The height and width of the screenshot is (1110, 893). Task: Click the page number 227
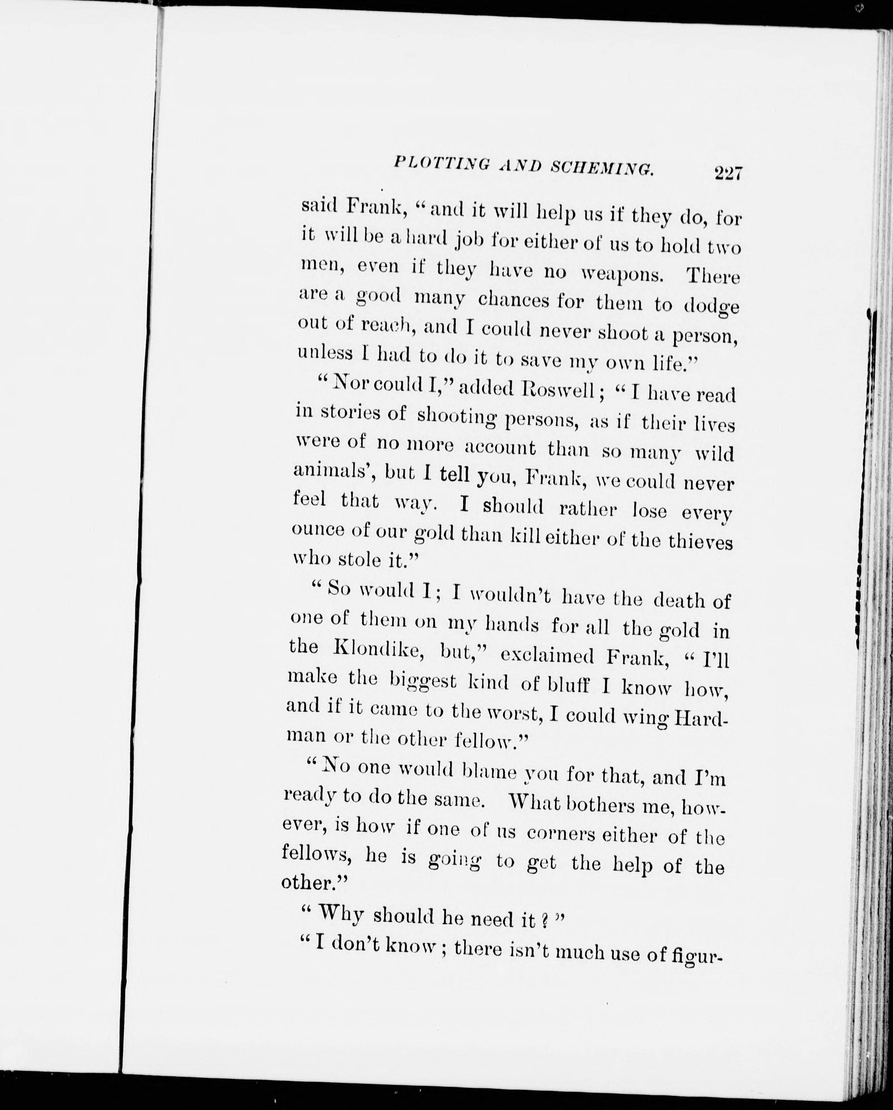[728, 173]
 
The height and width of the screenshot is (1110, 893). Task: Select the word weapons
[622, 273]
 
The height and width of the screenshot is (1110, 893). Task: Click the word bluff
[568, 685]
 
